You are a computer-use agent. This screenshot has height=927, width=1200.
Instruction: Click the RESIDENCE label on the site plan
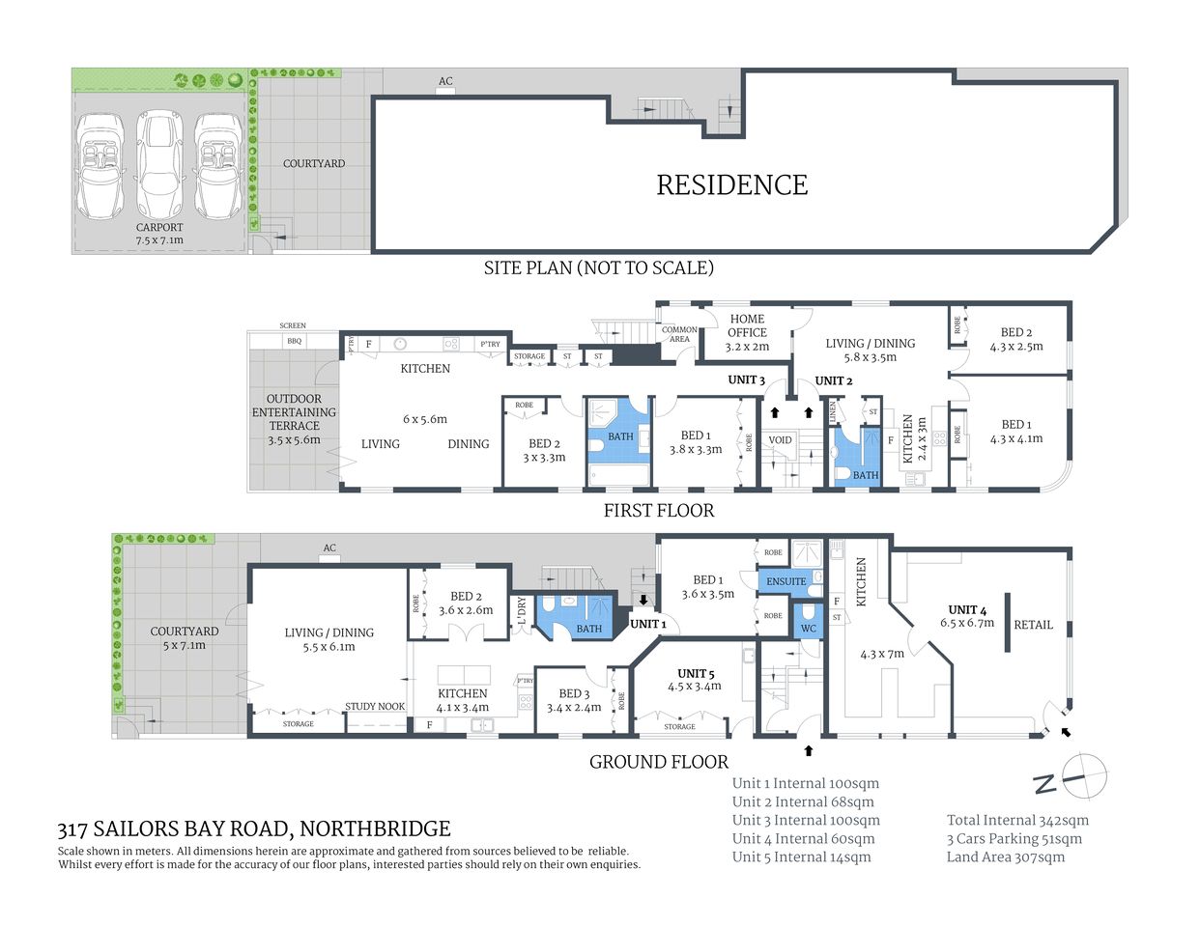pyautogui.click(x=731, y=185)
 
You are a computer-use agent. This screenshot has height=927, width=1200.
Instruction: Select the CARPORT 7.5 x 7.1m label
pyautogui.click(x=159, y=234)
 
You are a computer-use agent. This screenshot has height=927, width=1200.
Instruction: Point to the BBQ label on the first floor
pyautogui.click(x=294, y=341)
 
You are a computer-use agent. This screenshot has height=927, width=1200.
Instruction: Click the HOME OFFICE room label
pyautogui.click(x=747, y=325)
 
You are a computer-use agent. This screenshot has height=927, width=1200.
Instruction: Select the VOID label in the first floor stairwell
pyautogui.click(x=780, y=440)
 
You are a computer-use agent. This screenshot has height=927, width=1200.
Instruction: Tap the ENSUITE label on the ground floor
pyautogui.click(x=786, y=581)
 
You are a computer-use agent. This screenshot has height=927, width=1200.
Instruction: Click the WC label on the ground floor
pyautogui.click(x=808, y=629)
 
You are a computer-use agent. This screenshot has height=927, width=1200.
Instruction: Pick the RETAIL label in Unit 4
pyautogui.click(x=1033, y=625)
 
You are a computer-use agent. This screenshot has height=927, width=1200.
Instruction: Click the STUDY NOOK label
pyautogui.click(x=375, y=707)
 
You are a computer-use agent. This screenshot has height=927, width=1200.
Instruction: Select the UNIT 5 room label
pyautogui.click(x=696, y=673)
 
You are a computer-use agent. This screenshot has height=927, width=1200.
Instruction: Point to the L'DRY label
pyautogui.click(x=522, y=612)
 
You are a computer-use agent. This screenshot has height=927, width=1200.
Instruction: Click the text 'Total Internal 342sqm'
pyautogui.click(x=1017, y=820)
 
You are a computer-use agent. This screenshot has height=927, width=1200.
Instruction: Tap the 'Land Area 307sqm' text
pyautogui.click(x=1006, y=857)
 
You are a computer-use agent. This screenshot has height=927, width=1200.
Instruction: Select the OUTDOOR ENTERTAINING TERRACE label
pyautogui.click(x=294, y=412)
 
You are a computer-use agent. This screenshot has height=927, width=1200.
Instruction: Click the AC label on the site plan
pyautogui.click(x=445, y=81)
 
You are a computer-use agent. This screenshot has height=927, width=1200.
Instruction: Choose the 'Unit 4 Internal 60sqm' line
pyautogui.click(x=803, y=838)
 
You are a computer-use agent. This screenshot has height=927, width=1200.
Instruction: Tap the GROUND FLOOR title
pyautogui.click(x=659, y=762)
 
